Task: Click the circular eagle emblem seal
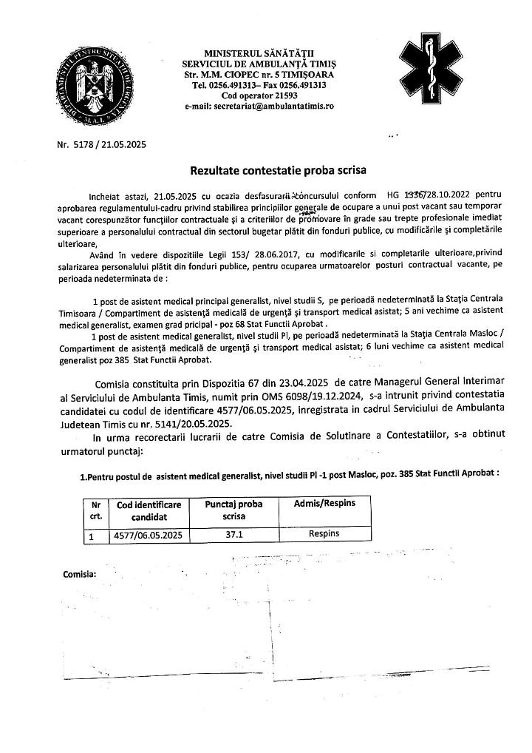click(95, 83)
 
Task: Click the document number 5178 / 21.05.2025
click(101, 144)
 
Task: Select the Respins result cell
click(324, 532)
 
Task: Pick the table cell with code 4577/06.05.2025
click(147, 533)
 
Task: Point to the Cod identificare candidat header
click(149, 510)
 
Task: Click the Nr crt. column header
click(95, 510)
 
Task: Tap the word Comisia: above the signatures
click(79, 574)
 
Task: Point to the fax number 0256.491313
click(304, 85)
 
